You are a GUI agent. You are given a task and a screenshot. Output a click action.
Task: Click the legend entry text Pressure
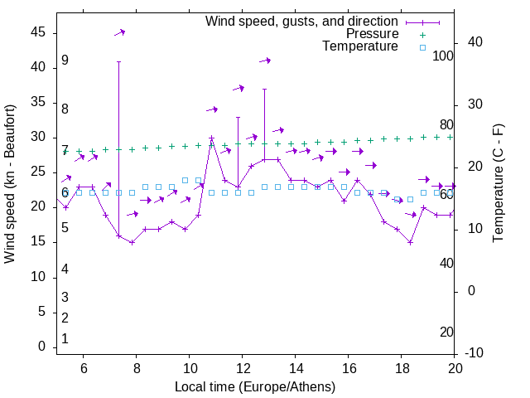click(372, 34)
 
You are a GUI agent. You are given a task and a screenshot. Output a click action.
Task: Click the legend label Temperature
click(360, 47)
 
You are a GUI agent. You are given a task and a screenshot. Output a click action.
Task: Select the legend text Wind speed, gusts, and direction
click(302, 21)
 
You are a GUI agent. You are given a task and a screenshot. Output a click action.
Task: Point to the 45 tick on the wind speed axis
click(38, 32)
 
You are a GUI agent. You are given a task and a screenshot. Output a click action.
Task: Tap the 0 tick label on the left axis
click(41, 347)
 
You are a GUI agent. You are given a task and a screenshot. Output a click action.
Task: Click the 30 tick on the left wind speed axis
click(38, 137)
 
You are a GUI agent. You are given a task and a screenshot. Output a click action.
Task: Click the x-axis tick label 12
click(242, 370)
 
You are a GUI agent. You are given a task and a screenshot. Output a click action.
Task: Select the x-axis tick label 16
click(348, 370)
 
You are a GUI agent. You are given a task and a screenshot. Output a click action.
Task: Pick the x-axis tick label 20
click(454, 370)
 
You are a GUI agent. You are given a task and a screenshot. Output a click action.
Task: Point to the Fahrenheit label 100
click(443, 56)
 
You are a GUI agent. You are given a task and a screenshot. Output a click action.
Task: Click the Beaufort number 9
click(65, 61)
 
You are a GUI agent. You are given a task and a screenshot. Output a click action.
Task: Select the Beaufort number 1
click(65, 339)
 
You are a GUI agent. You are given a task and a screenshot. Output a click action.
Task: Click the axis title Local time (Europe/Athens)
click(255, 386)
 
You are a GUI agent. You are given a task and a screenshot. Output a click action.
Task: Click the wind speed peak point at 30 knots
click(211, 138)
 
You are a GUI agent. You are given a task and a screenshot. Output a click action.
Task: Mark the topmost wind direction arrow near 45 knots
click(120, 32)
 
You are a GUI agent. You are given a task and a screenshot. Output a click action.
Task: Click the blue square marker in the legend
click(421, 47)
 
